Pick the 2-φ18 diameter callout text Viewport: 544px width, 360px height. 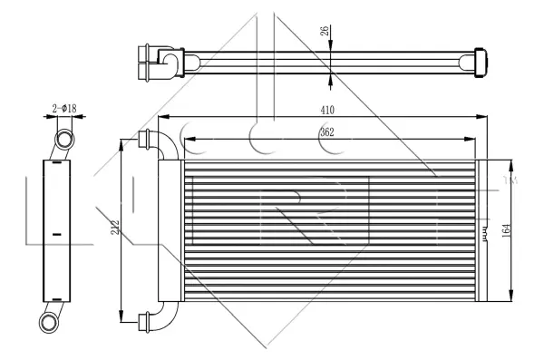(x=63, y=109)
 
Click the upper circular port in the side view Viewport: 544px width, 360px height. (x=65, y=139)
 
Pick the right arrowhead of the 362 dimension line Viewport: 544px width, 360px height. (x=470, y=140)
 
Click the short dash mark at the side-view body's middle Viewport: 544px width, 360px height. (x=57, y=235)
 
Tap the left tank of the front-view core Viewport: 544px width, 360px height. (x=171, y=231)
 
